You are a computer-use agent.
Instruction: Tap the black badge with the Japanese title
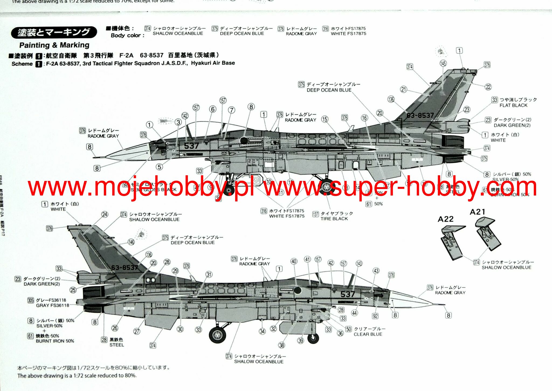point(54,32)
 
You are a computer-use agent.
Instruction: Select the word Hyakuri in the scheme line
point(202,63)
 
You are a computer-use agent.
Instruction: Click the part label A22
point(446,219)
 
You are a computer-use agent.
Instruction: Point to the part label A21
point(478,212)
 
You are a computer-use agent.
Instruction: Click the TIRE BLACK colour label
point(334,219)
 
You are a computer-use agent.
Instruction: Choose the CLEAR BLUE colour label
point(368,334)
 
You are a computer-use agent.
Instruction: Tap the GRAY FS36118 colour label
point(53,305)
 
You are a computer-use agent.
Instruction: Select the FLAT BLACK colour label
point(513,105)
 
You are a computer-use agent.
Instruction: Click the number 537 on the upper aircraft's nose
point(191,146)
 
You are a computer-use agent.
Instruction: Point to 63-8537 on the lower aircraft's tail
point(125,268)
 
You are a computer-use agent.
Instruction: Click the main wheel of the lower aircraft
point(218,335)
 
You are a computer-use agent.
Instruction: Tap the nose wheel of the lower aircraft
point(313,338)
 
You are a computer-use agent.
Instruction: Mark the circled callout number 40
point(294,261)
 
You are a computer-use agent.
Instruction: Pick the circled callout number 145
point(443,63)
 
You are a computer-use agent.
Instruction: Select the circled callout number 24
point(105,215)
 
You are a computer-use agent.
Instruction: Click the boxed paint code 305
point(31,300)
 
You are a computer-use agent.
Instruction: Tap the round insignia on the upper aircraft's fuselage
point(244,141)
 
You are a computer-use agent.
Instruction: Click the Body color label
point(127,36)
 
